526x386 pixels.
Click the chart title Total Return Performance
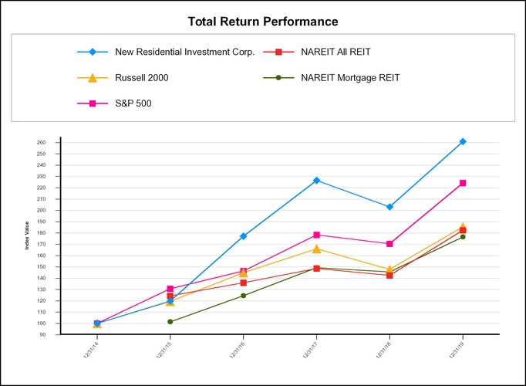263,21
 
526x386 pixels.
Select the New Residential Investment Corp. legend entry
184,52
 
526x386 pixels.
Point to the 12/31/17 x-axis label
312,350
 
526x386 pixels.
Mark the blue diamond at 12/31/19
463,141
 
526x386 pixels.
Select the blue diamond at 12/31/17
316,180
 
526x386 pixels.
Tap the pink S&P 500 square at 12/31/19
463,183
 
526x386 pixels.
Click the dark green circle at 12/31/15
170,321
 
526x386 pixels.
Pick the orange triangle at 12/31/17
316,248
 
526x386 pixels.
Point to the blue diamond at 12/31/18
389,207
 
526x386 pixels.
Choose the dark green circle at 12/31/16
243,295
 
